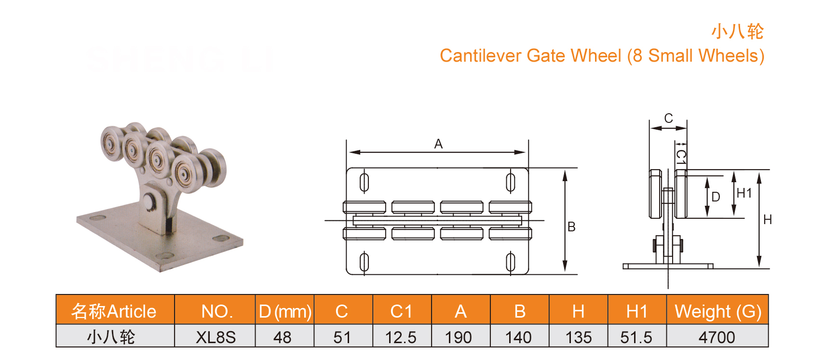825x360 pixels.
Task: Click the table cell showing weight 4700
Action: [x=717, y=337]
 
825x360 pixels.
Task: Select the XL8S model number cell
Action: [x=215, y=337]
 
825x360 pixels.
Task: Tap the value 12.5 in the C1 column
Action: [x=401, y=337]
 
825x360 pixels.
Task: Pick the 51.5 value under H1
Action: [x=636, y=337]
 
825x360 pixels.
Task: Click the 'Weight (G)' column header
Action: [x=717, y=311]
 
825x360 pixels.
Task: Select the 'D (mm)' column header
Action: [x=284, y=311]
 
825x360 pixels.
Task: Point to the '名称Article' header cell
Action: [x=114, y=311]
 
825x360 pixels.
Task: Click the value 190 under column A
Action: [x=459, y=337]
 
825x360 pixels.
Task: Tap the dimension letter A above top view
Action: [x=438, y=144]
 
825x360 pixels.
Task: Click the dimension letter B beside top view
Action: [x=571, y=227]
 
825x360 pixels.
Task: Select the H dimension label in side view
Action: [x=768, y=220]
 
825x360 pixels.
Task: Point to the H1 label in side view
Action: [x=744, y=193]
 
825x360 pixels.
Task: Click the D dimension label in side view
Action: [x=716, y=197]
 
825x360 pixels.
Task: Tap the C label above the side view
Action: [x=668, y=118]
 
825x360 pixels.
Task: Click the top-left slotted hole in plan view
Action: [x=365, y=182]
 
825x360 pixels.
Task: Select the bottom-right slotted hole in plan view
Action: [x=510, y=262]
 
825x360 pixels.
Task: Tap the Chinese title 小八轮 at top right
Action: [x=737, y=31]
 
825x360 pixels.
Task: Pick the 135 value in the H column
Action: [x=578, y=337]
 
